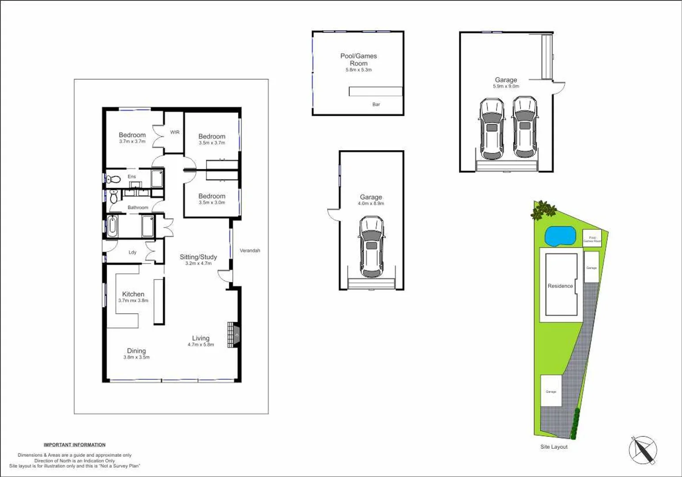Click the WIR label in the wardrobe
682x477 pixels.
175,132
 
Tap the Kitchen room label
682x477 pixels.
133,294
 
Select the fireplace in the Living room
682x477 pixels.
233,335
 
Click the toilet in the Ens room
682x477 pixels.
114,179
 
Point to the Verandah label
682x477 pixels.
250,250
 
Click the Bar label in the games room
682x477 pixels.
376,104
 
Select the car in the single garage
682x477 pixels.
371,246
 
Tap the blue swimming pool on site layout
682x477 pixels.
560,236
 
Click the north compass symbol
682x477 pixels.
643,450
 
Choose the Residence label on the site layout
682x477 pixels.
560,286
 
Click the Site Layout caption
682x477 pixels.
553,447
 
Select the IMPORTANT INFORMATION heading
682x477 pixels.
75,445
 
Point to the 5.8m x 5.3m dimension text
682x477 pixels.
358,70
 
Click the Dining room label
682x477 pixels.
136,351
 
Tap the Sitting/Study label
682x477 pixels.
198,257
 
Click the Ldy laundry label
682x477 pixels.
133,252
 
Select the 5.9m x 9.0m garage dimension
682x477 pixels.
506,86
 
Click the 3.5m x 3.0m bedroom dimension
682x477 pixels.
212,203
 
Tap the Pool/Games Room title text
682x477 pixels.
358,59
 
